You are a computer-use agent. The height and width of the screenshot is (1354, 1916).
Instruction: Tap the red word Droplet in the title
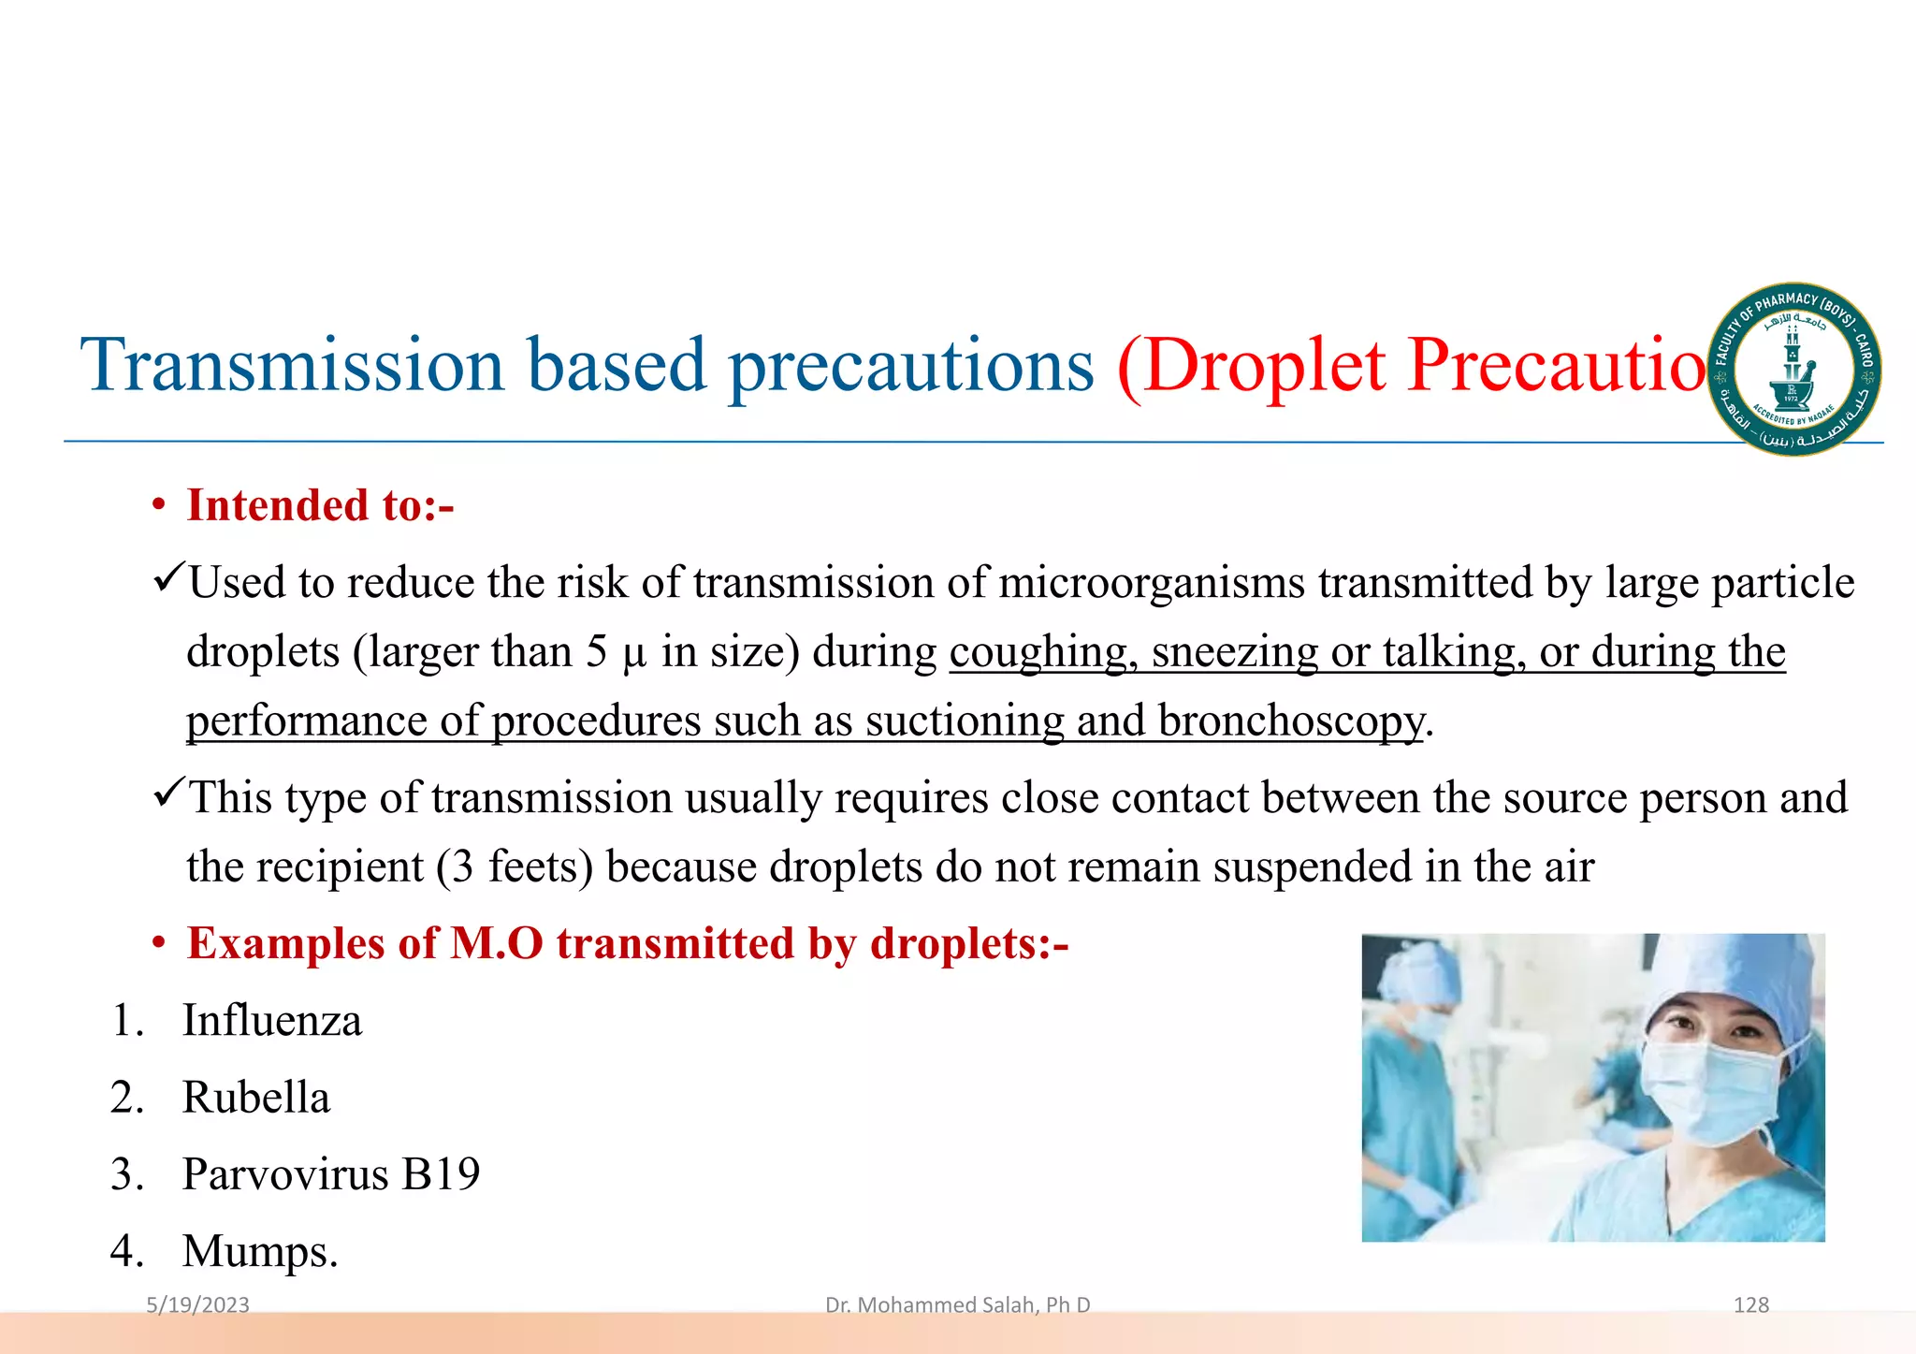[1263, 365]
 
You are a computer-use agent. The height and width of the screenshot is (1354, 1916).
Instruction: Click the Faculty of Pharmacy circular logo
[1794, 370]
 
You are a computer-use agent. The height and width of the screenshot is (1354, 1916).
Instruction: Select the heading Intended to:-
[320, 506]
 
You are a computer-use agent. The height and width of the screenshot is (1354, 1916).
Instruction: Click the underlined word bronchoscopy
[1291, 721]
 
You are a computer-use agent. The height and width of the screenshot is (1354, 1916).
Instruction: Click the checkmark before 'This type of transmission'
[168, 795]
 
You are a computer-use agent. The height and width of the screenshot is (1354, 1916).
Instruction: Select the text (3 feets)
[515, 866]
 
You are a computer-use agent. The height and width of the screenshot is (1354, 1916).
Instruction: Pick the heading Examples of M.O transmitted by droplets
[627, 943]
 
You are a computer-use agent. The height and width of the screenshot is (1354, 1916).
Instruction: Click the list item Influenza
[271, 1021]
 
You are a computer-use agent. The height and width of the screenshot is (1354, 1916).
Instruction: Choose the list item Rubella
[255, 1098]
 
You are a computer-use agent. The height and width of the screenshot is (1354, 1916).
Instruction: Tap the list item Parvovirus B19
[330, 1174]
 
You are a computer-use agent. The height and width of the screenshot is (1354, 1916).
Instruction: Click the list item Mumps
[259, 1251]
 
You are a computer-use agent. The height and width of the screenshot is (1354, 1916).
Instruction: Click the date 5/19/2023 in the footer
[197, 1305]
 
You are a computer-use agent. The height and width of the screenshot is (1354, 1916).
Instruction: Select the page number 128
[1750, 1305]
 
